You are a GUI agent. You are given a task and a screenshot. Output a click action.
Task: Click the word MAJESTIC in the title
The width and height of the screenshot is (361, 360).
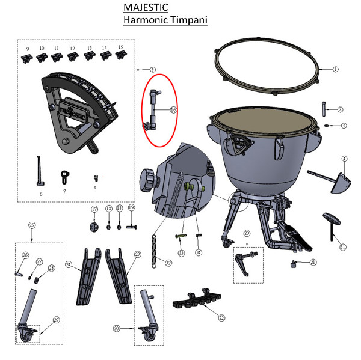coord(146,7)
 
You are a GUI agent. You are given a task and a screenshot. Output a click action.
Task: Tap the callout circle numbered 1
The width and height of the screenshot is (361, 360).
coord(336,69)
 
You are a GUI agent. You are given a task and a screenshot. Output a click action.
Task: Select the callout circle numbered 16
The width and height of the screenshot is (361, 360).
coord(173,110)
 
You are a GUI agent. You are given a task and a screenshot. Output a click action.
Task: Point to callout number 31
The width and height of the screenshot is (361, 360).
coord(342,246)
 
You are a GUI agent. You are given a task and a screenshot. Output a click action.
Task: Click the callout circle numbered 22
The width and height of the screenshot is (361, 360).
coord(222,317)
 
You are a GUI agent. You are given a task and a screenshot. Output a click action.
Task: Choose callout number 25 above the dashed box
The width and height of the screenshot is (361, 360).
coord(32,225)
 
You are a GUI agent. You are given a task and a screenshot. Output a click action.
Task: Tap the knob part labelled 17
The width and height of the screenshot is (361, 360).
coord(94,227)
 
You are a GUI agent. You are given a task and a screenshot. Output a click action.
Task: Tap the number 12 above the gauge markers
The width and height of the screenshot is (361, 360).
coord(72,48)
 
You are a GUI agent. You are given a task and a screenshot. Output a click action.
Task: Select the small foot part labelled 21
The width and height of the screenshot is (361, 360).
coord(295,263)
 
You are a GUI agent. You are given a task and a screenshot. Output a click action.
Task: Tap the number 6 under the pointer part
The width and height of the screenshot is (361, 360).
coord(41,194)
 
